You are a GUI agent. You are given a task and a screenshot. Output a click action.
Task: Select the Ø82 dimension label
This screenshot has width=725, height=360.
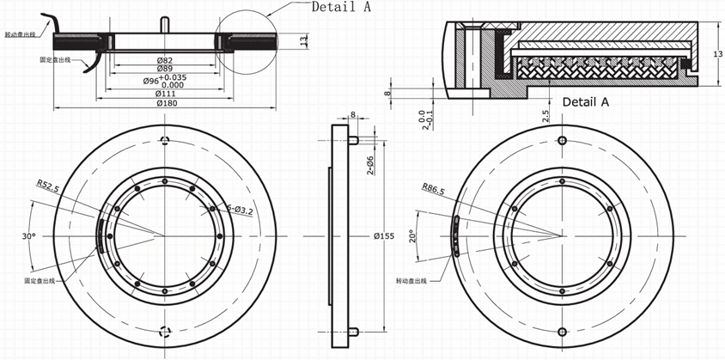[165, 59]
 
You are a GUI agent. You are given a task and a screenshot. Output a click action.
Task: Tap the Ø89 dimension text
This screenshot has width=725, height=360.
[165, 69]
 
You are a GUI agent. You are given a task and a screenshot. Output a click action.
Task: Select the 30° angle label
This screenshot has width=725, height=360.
[28, 234]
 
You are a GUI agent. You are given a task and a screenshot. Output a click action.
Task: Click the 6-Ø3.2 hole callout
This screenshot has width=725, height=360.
[241, 209]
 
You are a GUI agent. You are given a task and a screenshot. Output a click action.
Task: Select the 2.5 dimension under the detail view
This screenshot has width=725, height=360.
[545, 115]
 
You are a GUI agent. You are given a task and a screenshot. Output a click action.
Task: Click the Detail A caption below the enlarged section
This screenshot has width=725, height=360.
[585, 101]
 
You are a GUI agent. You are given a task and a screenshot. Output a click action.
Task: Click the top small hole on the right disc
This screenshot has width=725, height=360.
[562, 141]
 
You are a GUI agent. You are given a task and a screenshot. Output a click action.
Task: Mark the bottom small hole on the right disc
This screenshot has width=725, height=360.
[562, 331]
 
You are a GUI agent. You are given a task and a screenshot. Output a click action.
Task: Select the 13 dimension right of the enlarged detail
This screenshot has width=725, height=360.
[718, 54]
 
